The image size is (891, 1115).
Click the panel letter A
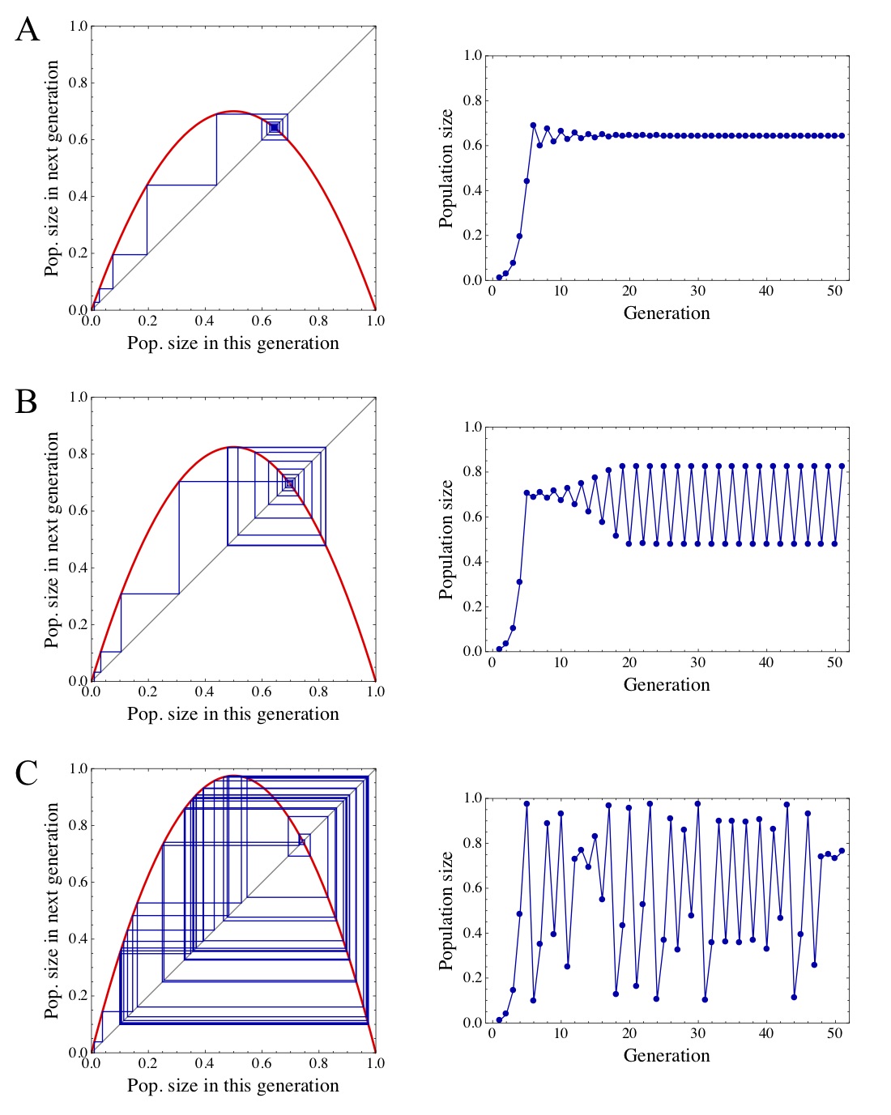click(x=28, y=30)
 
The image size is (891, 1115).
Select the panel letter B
click(x=27, y=401)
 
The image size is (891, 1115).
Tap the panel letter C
click(x=27, y=772)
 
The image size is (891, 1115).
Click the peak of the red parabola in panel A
click(x=233, y=111)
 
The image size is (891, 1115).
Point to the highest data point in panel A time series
click(x=533, y=125)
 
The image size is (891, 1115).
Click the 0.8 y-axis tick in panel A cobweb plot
click(x=78, y=83)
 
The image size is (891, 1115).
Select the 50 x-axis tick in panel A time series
click(x=835, y=292)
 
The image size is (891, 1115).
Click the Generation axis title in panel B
click(x=667, y=684)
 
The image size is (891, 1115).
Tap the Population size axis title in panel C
click(x=446, y=910)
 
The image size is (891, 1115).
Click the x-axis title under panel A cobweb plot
click(x=233, y=343)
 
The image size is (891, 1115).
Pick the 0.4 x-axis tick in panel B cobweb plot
click(x=205, y=692)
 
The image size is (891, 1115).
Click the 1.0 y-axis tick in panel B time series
click(x=472, y=427)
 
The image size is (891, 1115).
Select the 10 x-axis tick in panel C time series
click(x=561, y=1034)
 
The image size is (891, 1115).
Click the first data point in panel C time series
click(x=499, y=1019)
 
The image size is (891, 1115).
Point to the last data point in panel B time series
click(x=842, y=466)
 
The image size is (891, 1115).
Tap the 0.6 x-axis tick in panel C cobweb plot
click(x=262, y=1063)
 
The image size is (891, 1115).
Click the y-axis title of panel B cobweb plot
click(x=52, y=539)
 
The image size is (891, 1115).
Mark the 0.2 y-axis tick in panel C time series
click(x=472, y=978)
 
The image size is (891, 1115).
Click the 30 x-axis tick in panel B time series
click(x=698, y=662)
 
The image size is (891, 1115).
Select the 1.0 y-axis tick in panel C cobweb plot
click(x=78, y=768)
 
